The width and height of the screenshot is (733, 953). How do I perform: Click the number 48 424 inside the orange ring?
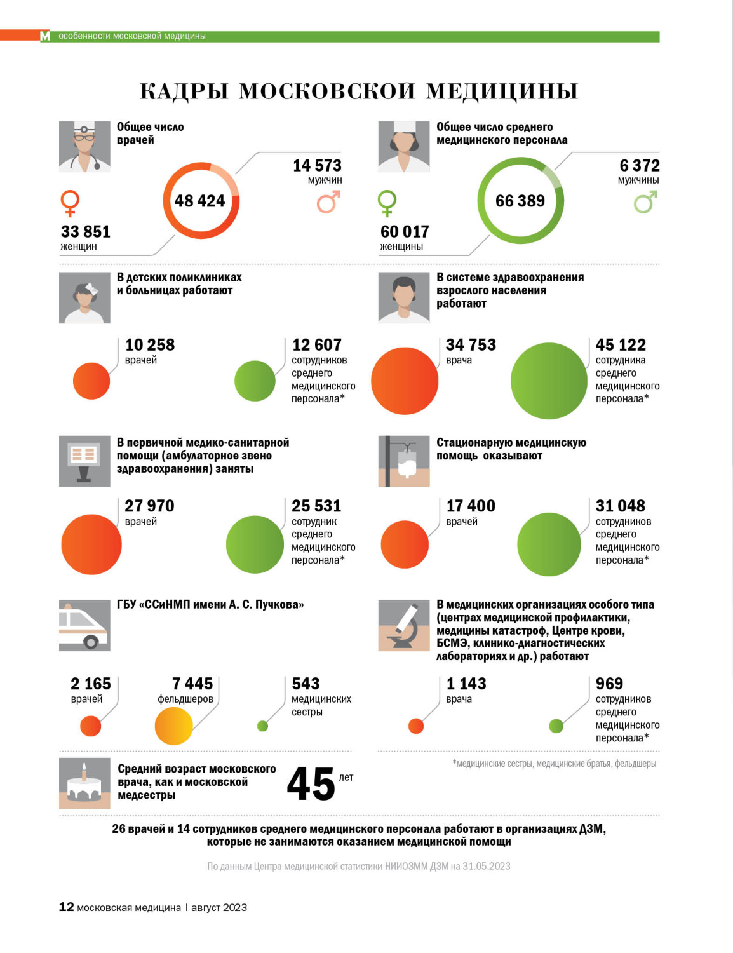click(x=200, y=201)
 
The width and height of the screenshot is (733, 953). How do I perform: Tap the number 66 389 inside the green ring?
click(x=520, y=201)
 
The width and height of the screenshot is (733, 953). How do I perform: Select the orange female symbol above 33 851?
click(x=69, y=203)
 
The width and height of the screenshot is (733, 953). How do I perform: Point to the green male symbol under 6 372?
click(x=645, y=203)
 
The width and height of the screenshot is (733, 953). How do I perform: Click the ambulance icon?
click(x=84, y=626)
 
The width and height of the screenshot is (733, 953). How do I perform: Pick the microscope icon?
click(x=404, y=626)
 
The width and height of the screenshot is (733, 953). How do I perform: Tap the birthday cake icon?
click(x=84, y=783)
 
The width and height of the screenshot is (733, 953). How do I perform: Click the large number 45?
click(x=311, y=784)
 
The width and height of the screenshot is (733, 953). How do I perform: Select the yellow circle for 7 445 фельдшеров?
click(x=173, y=726)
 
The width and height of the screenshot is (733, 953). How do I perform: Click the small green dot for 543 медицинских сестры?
click(x=262, y=726)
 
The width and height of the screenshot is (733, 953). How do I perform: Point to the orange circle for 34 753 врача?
click(x=405, y=381)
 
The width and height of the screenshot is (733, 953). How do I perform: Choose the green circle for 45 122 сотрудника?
click(x=549, y=381)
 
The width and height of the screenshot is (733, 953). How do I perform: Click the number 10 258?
click(x=150, y=345)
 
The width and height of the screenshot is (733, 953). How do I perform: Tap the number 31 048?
click(x=621, y=506)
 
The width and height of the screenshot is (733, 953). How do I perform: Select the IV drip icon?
click(x=404, y=461)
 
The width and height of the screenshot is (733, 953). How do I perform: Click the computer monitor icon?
click(x=84, y=461)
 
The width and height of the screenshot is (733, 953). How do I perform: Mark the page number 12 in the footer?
click(x=66, y=907)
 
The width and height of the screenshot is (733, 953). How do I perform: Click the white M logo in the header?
click(x=45, y=36)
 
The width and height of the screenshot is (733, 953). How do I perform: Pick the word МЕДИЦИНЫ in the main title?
click(x=502, y=91)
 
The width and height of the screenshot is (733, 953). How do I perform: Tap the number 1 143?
click(x=466, y=684)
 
